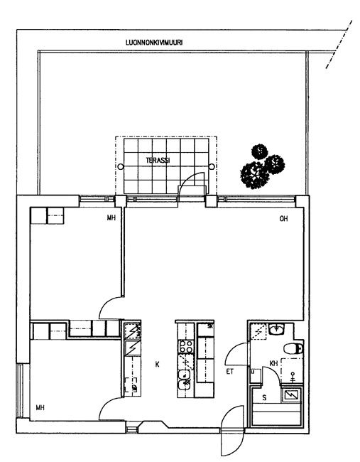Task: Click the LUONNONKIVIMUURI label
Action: coord(154,43)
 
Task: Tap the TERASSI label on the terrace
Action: coord(158,161)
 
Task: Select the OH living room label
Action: coord(283,219)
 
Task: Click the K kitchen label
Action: coord(157,365)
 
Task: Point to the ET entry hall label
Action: coord(230,372)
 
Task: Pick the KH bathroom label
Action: coord(274,364)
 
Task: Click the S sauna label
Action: coord(264,398)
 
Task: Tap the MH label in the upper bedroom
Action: coord(111,218)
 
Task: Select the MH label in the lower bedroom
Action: coord(40,408)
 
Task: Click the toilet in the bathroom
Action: coord(293,349)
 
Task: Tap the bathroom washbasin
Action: coord(276,329)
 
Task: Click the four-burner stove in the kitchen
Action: coord(186,347)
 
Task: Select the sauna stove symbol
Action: coord(291,396)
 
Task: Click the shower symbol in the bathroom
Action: coord(293,377)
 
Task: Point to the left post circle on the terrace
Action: coord(121,167)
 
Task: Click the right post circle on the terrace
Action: coord(212,167)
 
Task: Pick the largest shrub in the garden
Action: coord(254,176)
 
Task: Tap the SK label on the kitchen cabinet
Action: coord(210,326)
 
